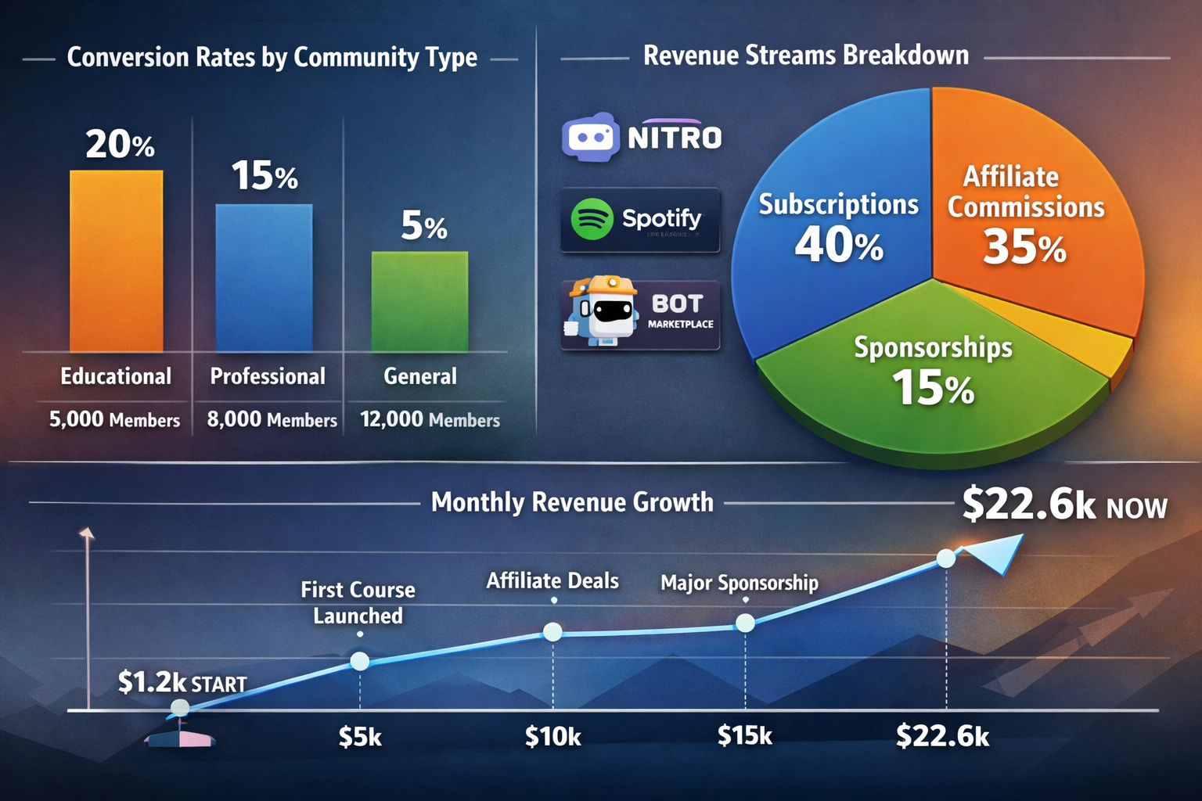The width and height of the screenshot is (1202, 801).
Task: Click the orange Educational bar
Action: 117,261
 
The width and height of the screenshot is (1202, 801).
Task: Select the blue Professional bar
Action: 264,278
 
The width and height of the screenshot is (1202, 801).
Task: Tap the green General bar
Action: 419,301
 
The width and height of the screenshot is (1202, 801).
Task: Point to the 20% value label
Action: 120,145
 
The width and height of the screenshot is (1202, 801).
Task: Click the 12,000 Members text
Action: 430,420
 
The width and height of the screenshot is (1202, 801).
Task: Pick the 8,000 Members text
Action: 272,420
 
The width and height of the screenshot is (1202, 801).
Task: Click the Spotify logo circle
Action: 592,219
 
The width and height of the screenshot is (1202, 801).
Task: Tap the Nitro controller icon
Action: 591,138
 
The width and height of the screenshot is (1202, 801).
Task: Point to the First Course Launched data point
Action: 359,662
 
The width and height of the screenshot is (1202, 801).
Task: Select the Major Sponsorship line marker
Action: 745,623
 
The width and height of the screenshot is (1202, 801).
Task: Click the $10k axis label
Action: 552,737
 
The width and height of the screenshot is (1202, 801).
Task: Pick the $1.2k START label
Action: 182,683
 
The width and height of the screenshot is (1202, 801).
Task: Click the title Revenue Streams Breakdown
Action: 805,56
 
